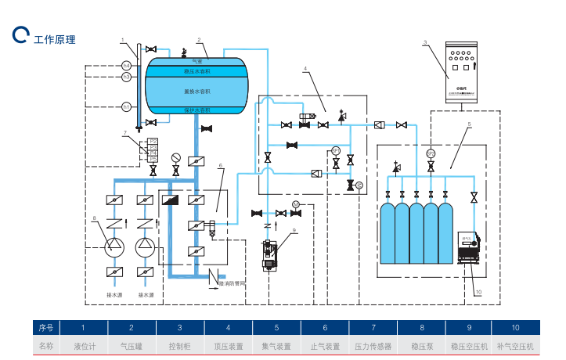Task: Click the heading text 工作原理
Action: pyautogui.click(x=55, y=38)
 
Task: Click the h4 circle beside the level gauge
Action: pyautogui.click(x=126, y=65)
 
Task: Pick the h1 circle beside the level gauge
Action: pyautogui.click(x=126, y=106)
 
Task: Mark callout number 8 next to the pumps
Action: pyautogui.click(x=95, y=217)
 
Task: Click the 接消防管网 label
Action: pyautogui.click(x=233, y=283)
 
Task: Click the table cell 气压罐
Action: pyautogui.click(x=132, y=345)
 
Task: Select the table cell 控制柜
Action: pyautogui.click(x=180, y=345)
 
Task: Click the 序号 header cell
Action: pyautogui.click(x=45, y=327)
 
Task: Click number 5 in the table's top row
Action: pyautogui.click(x=276, y=327)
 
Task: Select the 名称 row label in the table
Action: pyautogui.click(x=45, y=345)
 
